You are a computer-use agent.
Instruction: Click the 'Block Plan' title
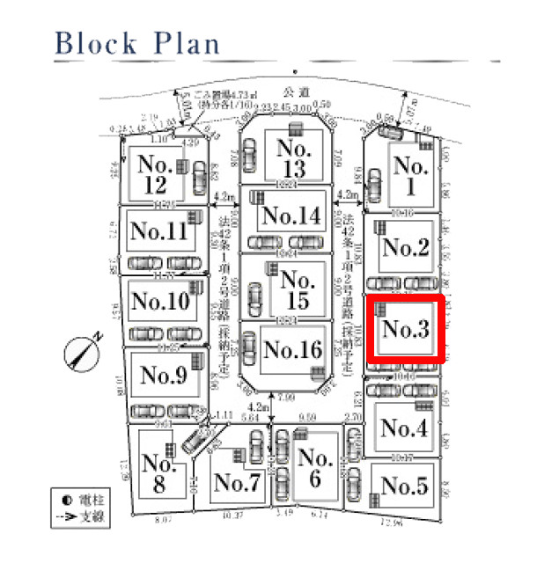(136, 42)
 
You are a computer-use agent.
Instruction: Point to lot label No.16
(293, 349)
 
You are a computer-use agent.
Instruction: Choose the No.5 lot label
(405, 486)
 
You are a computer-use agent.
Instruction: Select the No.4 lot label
(405, 428)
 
